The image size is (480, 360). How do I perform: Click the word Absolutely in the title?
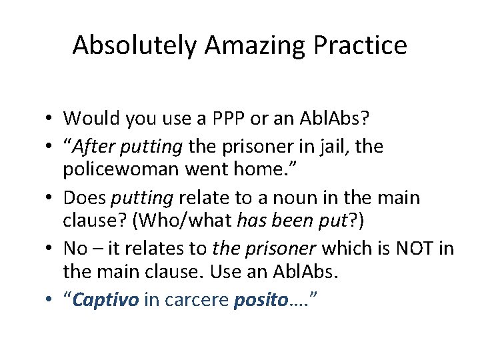point(135,45)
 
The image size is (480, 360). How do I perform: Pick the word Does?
point(85,198)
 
